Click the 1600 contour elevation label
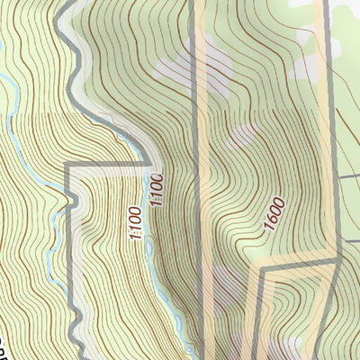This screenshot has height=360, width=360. click(x=275, y=215)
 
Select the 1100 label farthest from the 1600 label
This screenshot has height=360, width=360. click(x=136, y=224)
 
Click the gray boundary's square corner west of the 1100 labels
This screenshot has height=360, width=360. click(x=68, y=166)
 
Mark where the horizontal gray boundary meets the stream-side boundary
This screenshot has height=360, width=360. click(x=147, y=164)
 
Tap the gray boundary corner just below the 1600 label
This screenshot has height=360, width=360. click(x=261, y=267)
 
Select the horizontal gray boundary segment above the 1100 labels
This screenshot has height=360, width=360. click(x=108, y=164)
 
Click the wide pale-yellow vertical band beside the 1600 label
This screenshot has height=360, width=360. click(x=225, y=180)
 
